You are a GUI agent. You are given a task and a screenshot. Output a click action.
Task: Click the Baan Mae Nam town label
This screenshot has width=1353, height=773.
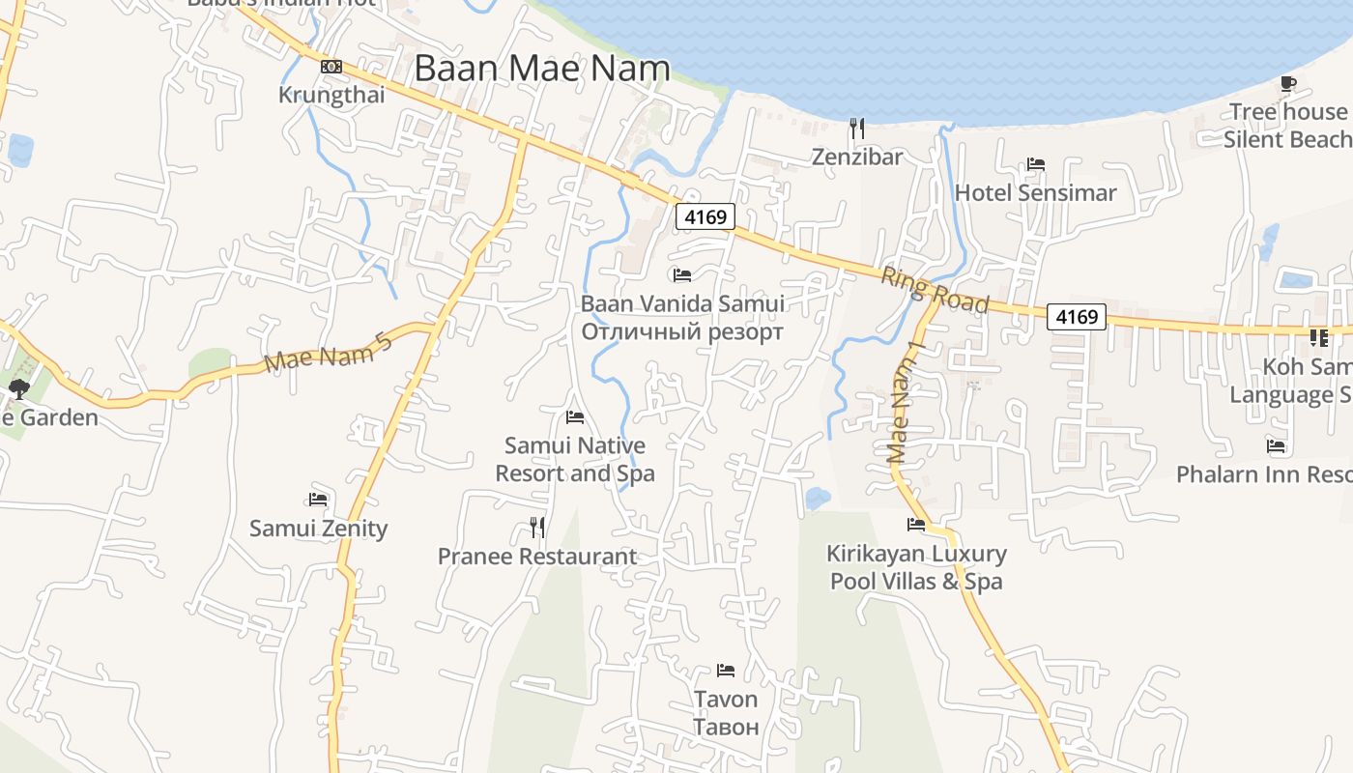[x=542, y=69]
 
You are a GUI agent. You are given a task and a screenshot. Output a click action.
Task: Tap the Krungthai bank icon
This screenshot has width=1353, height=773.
[x=331, y=67]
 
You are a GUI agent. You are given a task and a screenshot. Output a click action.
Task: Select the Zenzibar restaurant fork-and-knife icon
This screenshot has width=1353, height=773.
[x=856, y=127]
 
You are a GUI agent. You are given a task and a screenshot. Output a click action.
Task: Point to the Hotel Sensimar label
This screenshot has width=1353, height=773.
[x=1035, y=192]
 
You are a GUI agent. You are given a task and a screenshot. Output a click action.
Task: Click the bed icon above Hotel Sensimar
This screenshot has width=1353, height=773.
[x=1036, y=163]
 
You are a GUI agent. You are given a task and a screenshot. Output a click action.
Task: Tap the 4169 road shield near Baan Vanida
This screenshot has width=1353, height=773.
[x=705, y=216]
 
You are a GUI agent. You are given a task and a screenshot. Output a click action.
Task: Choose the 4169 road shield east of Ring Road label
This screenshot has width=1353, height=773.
[x=1077, y=316]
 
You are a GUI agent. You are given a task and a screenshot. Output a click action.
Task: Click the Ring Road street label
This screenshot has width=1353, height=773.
[x=935, y=290]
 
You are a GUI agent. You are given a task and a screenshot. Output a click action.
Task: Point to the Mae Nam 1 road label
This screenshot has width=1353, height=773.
[x=907, y=402]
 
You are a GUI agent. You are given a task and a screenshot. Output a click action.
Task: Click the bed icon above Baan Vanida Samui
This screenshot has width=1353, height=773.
[x=682, y=274]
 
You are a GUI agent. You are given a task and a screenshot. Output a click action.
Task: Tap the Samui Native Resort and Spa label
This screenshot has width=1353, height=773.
[x=575, y=460]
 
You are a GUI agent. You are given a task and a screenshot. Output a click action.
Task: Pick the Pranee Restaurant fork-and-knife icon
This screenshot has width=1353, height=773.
[x=537, y=527]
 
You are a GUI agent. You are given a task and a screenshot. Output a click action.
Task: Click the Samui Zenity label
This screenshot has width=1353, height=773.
[x=318, y=529]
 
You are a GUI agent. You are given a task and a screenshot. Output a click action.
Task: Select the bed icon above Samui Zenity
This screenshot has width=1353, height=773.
[x=318, y=500]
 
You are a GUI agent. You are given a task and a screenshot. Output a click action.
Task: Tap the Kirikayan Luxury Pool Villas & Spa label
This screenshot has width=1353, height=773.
[x=916, y=567]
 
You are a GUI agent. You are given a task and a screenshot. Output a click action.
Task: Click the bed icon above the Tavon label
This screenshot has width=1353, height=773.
[x=726, y=670]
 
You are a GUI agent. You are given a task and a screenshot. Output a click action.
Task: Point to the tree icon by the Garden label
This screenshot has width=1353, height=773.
[x=18, y=389]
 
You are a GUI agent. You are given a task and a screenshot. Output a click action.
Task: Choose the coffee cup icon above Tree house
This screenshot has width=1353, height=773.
[x=1287, y=84]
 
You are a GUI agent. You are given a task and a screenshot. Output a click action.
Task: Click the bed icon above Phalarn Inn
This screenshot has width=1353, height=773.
[x=1276, y=445]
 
